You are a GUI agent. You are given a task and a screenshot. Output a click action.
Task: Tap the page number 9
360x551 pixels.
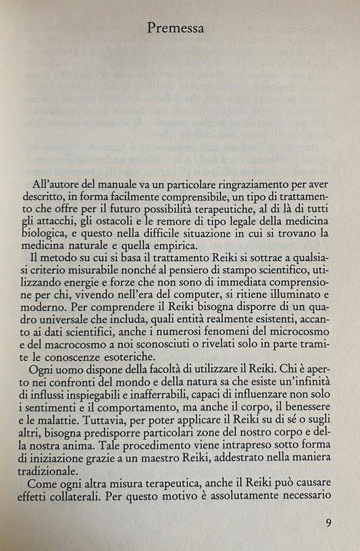[328, 522]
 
